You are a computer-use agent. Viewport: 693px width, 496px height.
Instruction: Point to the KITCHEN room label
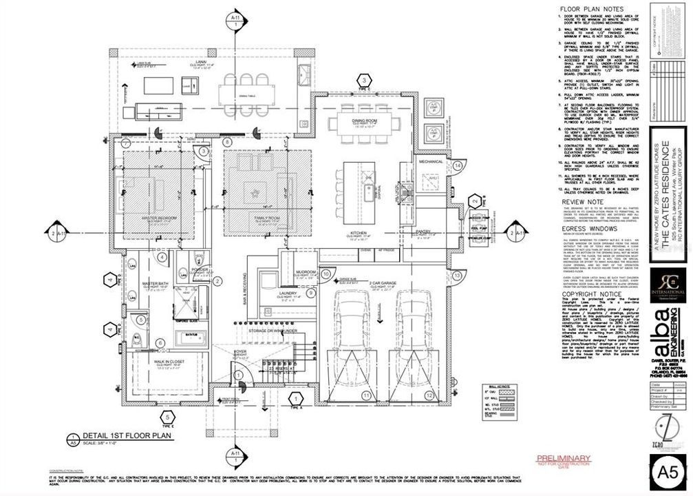point(358,234)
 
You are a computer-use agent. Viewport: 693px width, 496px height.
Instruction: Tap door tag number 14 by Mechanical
point(457,166)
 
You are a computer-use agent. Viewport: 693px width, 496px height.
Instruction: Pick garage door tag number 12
point(429,395)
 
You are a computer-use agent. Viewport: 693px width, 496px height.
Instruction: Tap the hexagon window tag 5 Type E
point(166,417)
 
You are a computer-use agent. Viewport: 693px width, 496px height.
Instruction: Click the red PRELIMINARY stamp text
point(563,458)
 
